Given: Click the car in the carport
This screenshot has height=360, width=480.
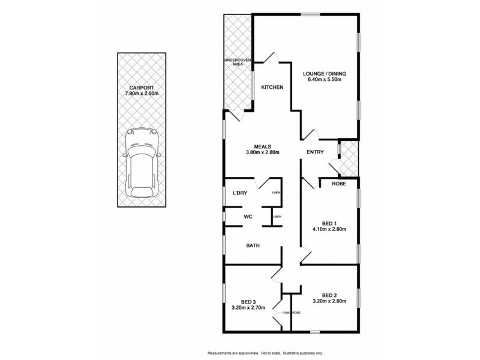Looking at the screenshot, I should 140,164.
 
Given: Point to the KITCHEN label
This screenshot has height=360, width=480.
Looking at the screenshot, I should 272,88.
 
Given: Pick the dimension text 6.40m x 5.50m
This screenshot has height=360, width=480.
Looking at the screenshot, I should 325,81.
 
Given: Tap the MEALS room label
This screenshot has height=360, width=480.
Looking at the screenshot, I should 263,146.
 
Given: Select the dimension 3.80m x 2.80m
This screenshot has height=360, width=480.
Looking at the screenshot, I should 263,153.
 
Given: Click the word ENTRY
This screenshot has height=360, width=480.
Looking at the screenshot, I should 315,152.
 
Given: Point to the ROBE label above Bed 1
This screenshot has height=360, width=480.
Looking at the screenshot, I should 339,184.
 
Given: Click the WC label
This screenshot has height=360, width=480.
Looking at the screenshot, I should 247,217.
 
